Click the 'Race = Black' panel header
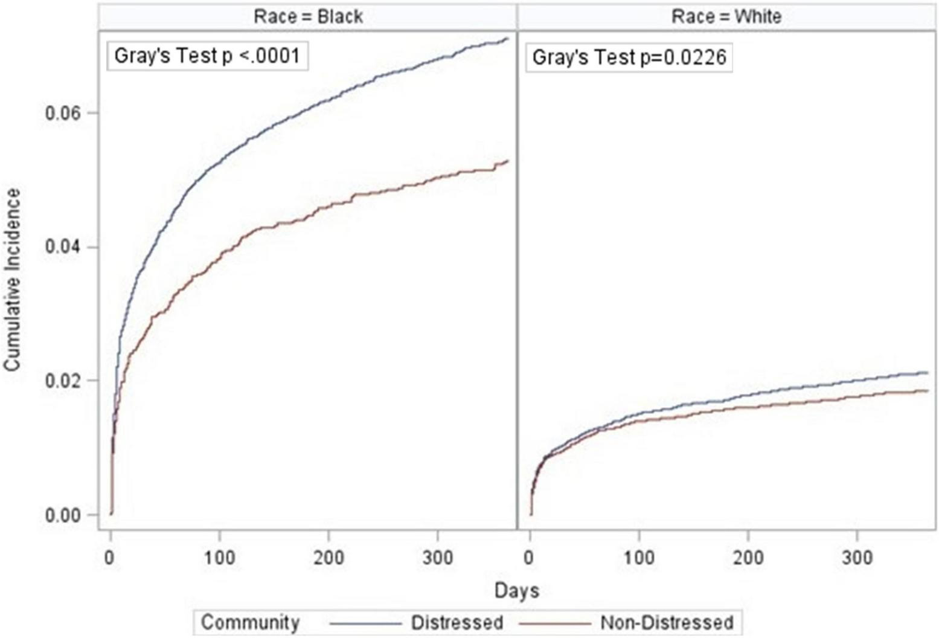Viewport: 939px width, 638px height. coord(308,16)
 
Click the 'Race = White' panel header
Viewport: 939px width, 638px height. coord(726,16)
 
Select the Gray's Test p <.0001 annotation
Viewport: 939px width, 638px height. coord(207,56)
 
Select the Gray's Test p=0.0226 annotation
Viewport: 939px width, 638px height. coord(629,57)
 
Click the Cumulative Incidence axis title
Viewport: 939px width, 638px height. coord(13,279)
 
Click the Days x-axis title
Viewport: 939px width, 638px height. coord(516,590)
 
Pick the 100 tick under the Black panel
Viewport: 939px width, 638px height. coord(219,557)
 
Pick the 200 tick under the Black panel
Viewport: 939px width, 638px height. coord(328,557)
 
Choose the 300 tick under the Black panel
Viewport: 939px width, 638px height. coord(437,557)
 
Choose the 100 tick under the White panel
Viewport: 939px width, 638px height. coord(639,557)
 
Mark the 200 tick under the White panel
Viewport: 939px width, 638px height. coord(748,557)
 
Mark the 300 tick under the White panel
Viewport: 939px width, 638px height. coord(857,557)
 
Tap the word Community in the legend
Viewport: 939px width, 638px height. coord(250,622)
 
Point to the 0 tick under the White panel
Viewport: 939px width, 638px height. coord(530,557)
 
